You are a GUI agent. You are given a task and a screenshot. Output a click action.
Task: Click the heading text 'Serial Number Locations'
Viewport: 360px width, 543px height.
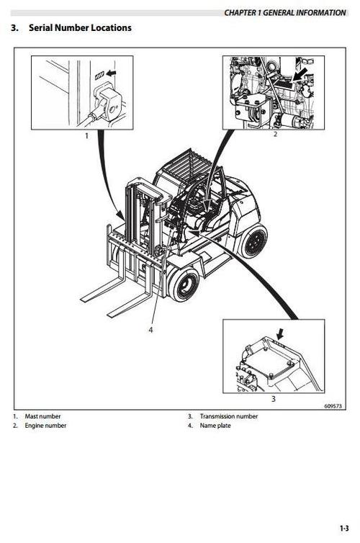80,27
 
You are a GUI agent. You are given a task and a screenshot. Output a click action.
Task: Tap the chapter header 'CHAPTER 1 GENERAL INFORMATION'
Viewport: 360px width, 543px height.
285,13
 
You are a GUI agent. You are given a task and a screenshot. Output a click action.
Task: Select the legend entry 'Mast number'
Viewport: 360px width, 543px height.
42,416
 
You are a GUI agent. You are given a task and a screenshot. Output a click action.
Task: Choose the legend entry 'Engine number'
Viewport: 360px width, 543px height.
45,426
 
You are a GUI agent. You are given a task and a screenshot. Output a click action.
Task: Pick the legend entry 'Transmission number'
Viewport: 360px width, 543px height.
229,416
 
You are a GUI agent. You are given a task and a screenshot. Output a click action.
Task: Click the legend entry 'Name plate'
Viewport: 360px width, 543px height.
215,426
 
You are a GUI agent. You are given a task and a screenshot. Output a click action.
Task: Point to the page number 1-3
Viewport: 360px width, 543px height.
344,529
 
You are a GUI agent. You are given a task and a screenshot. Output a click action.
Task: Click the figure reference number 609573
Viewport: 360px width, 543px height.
335,406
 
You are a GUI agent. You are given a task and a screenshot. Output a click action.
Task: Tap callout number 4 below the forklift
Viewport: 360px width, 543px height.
150,330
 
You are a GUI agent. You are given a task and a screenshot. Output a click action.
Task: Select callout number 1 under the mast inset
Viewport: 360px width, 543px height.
86,135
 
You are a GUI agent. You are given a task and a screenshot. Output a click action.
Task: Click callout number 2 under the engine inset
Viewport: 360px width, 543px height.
275,135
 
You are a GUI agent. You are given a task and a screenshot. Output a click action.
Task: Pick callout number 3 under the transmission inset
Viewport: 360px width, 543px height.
273,399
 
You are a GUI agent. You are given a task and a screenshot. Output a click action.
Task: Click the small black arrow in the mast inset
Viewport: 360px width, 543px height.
111,73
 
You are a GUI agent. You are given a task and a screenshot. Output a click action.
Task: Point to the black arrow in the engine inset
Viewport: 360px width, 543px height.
300,73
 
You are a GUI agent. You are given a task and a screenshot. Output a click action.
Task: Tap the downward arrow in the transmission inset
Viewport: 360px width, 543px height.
280,334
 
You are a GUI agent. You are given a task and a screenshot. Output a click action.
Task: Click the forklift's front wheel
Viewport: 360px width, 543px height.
184,284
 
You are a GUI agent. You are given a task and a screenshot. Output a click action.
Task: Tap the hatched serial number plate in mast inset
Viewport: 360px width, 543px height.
100,74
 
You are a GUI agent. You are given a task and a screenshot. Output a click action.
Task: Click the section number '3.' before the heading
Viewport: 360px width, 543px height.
15,27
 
